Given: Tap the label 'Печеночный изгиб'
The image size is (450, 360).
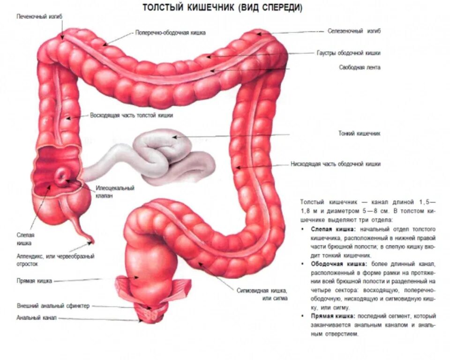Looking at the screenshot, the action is point(39,16).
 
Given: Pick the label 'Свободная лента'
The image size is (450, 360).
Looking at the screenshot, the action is point(360,67).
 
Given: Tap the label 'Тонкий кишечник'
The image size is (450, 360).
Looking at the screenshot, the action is point(359,134).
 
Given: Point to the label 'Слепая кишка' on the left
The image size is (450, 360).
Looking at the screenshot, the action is point(26,239).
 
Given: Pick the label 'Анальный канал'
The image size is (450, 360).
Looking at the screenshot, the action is point(30,318).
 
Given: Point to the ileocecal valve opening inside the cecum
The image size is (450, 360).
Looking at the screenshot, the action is point(61,177).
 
